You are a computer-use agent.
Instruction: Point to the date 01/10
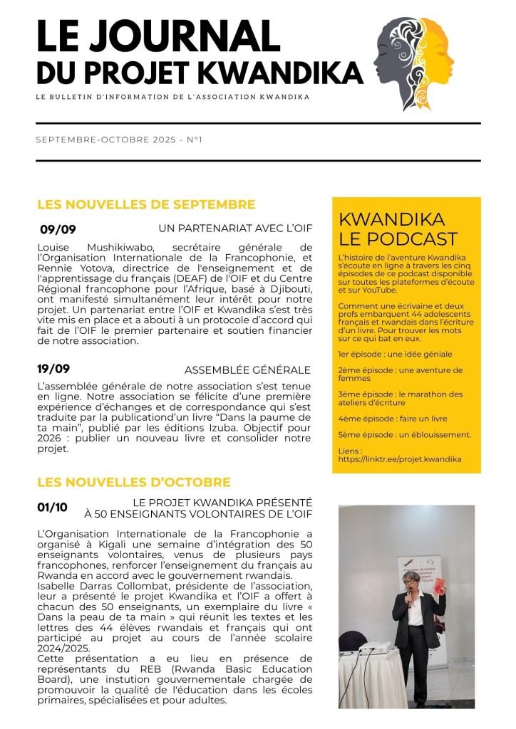52,508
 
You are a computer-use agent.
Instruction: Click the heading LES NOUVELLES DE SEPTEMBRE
146,205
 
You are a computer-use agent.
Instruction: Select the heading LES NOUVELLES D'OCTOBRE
133,482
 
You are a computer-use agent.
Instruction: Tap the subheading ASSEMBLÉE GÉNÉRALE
247,369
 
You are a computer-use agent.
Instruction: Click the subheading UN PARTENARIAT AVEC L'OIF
234,228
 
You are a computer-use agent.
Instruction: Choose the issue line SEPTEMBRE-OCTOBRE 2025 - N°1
119,140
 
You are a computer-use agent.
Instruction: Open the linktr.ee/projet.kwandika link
400,459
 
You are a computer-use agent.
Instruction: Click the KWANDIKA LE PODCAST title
398,229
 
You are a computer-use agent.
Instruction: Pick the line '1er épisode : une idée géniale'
395,354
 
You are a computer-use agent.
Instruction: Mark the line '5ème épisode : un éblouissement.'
404,434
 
